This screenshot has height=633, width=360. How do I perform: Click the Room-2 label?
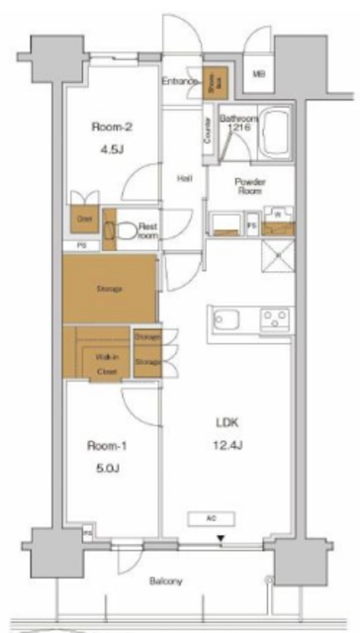tap(112, 127)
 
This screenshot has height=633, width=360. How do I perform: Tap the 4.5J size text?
tap(112, 152)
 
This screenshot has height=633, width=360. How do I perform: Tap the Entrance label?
tap(182, 82)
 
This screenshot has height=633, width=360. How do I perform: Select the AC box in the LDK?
tap(212, 517)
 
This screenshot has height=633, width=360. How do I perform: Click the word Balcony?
tap(166, 582)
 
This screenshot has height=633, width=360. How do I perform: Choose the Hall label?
tap(184, 179)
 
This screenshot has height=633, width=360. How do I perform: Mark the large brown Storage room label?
tap(109, 290)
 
